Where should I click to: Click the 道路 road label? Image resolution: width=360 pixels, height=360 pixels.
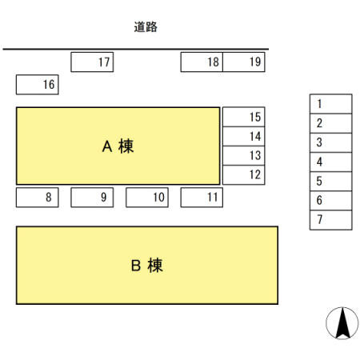click(x=146, y=26)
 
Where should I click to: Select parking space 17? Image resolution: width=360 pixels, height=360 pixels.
click(x=93, y=62)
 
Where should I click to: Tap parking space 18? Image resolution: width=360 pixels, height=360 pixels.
click(x=202, y=62)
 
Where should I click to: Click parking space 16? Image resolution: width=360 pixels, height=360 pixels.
click(x=37, y=84)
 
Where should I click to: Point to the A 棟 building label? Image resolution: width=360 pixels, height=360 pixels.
click(x=118, y=146)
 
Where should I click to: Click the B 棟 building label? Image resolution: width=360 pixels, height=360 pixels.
click(x=146, y=266)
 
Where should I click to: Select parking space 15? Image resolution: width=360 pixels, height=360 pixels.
click(x=242, y=117)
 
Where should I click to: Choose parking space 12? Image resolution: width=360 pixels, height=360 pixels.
click(x=242, y=174)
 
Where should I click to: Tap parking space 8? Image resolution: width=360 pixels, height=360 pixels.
click(x=37, y=197)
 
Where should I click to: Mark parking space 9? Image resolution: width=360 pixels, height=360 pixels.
click(x=92, y=197)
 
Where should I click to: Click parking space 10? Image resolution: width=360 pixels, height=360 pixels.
click(x=146, y=197)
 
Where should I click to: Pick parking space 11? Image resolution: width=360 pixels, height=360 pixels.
click(x=202, y=197)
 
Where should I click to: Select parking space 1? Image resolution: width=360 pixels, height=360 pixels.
click(x=330, y=104)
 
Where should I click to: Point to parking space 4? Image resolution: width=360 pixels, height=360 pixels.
click(x=330, y=162)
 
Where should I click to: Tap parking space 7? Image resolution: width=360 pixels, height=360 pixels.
click(x=330, y=220)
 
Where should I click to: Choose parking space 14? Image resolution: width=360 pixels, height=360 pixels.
click(x=242, y=136)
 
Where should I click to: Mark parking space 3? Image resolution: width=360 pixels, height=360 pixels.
click(x=330, y=142)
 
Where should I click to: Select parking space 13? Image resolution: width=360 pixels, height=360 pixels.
click(x=242, y=155)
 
